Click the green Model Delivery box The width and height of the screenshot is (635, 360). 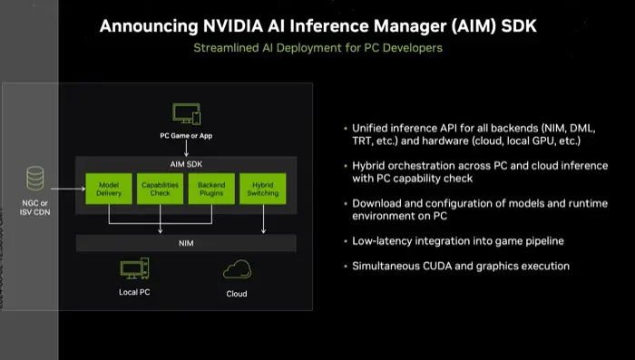[x=109, y=188]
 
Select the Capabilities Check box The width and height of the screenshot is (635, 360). [x=161, y=188]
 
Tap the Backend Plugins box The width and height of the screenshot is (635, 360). [x=211, y=188]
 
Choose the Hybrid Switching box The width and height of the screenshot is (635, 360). [x=263, y=188]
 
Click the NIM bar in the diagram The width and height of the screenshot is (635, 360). [x=186, y=243]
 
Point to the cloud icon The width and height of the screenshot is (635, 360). [x=237, y=269]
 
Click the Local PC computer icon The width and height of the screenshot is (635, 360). [x=134, y=268]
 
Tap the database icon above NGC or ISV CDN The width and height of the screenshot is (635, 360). [x=36, y=176]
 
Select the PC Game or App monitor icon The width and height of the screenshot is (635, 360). [x=186, y=115]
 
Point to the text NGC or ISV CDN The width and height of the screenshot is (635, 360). [x=36, y=208]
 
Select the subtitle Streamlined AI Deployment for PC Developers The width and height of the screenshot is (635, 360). [x=317, y=47]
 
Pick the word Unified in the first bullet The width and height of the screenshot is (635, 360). [x=371, y=128]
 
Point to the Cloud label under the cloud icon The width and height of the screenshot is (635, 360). [x=237, y=294]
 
